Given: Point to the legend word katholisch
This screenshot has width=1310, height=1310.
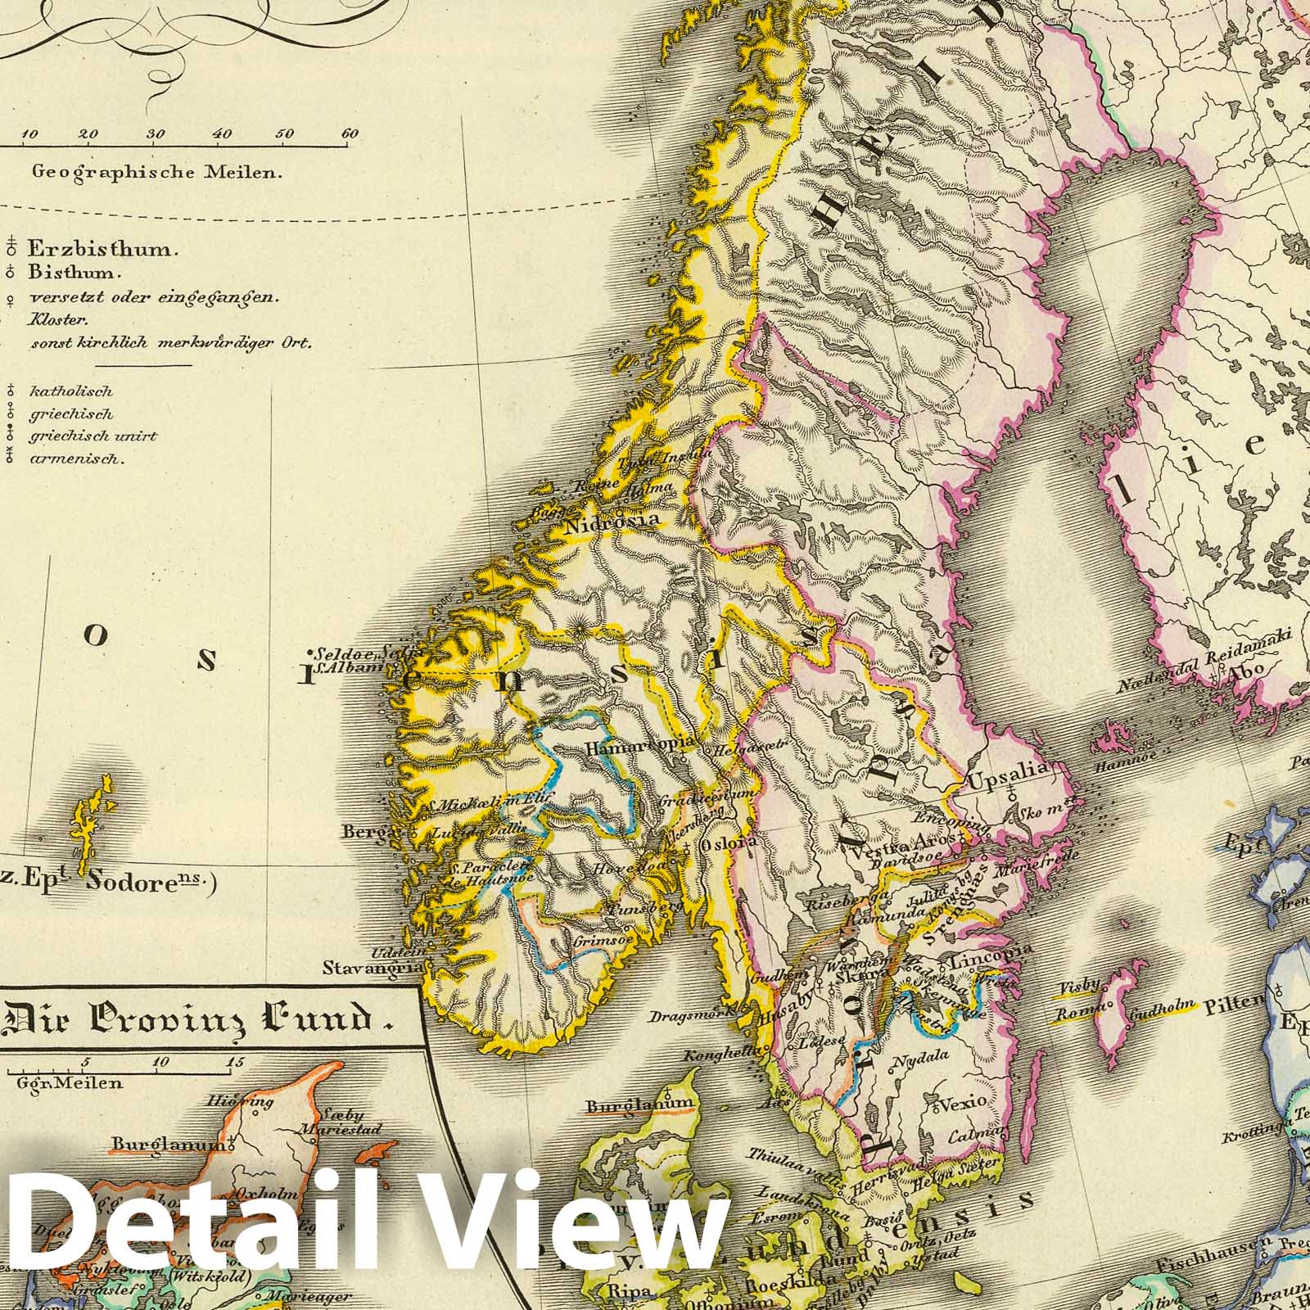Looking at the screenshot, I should point(71,392).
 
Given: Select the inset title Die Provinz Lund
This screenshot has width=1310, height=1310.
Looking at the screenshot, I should point(196,1021).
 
